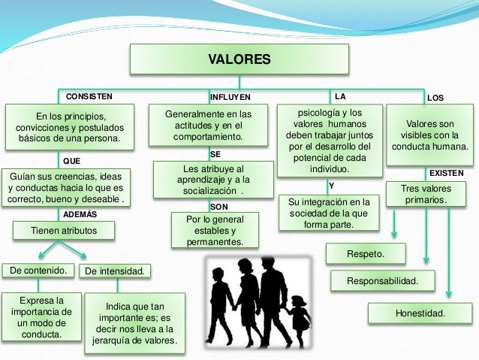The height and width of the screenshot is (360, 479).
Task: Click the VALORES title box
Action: (x=239, y=59)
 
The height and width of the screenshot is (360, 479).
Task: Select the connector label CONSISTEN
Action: (x=89, y=97)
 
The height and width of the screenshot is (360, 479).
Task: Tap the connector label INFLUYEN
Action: (x=229, y=98)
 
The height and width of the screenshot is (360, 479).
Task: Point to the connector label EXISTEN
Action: (x=446, y=173)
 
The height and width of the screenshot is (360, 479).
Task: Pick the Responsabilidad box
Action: (x=381, y=282)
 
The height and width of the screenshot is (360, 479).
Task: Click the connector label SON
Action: (x=219, y=206)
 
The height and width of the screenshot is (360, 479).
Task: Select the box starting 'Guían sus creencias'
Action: (x=65, y=187)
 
